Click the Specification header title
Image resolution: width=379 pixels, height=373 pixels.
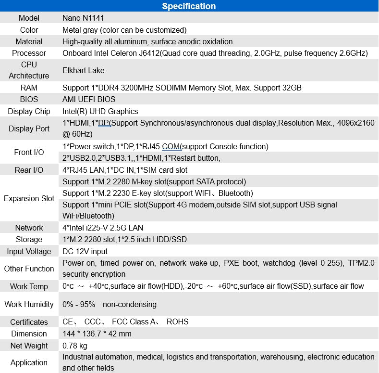[189, 6]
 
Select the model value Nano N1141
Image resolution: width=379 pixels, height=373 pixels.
[83, 18]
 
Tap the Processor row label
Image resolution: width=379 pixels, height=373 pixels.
[29, 53]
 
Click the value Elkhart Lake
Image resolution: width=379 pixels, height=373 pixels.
[84, 70]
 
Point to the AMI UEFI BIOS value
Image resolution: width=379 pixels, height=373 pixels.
[89, 100]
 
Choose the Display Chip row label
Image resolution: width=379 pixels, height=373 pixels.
[29, 111]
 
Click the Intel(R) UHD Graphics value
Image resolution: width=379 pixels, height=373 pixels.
[100, 111]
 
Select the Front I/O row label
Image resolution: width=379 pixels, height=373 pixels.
[29, 152]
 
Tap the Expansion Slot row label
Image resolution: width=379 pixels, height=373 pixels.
[29, 198]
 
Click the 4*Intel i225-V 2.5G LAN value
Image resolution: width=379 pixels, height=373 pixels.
[103, 228]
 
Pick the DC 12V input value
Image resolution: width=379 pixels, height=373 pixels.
[85, 251]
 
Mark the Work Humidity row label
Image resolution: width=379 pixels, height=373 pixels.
[29, 304]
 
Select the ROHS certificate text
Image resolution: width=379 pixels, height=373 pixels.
[178, 322]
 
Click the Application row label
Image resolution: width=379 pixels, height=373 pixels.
[29, 362]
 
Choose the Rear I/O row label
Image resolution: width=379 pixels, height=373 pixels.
[29, 170]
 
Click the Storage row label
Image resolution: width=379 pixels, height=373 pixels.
[29, 239]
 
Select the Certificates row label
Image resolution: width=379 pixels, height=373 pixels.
[29, 322]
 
